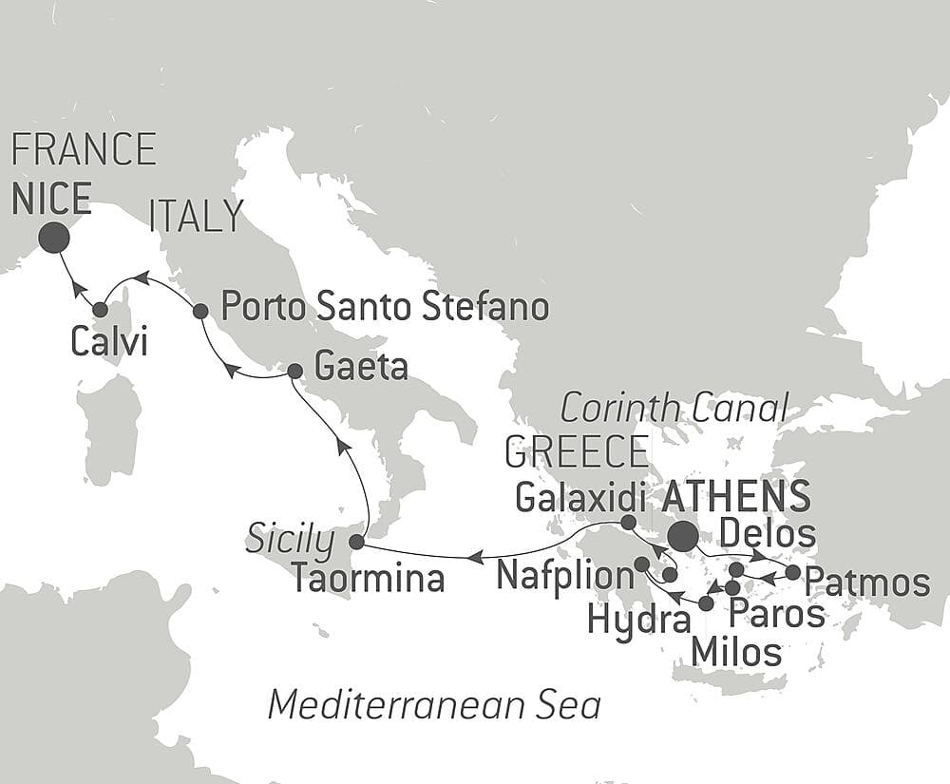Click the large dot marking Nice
point(53,238)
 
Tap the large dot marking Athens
point(682,537)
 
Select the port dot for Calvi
point(100,309)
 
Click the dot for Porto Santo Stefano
point(200,311)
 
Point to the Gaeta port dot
point(294,371)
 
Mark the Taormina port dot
point(356,543)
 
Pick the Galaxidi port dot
point(627,522)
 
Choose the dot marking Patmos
point(793,572)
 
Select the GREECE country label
point(577,452)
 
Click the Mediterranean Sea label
point(434,705)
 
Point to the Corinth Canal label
point(674,409)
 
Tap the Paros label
point(775,614)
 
